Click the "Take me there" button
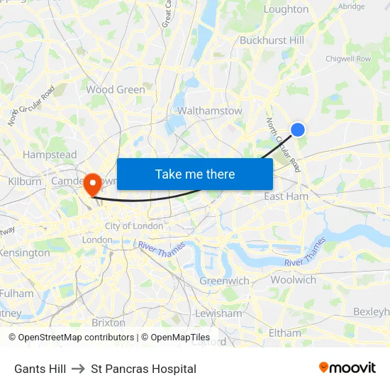coord(195,174)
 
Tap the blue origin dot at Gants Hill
coord(298,129)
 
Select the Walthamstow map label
coord(209,111)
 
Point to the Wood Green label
coord(116,90)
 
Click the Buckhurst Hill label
coord(272,40)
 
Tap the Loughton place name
coord(286,9)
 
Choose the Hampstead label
coord(50,155)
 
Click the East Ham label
coord(286,196)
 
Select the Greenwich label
coord(224,281)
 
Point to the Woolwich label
coord(293,280)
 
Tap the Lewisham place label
coord(218,313)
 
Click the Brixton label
coord(108,322)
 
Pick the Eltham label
coord(285,333)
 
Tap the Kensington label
coord(25,252)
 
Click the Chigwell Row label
coord(347,59)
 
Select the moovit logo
coord(347,368)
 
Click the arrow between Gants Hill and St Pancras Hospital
coord(79,369)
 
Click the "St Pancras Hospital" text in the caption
coord(144,369)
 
